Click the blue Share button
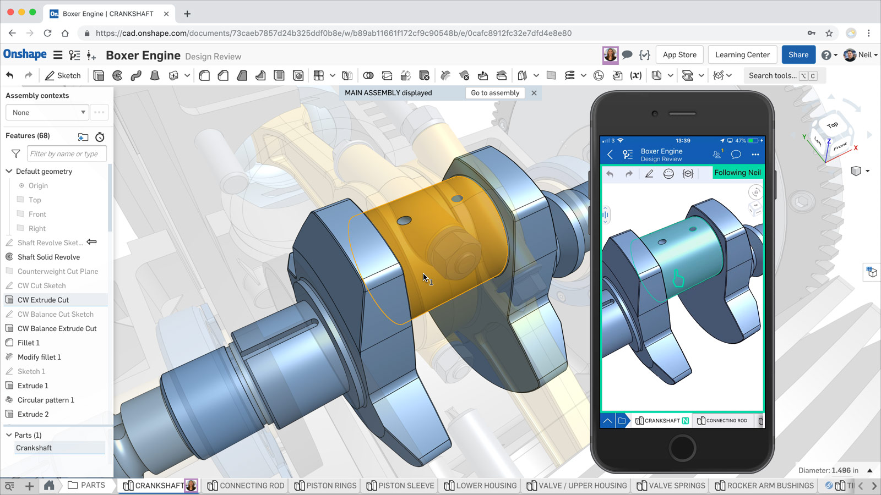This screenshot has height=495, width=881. pyautogui.click(x=798, y=54)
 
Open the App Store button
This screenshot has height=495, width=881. pyautogui.click(x=679, y=54)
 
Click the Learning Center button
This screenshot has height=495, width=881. pyautogui.click(x=742, y=54)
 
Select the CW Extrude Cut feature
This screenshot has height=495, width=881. pyautogui.click(x=43, y=300)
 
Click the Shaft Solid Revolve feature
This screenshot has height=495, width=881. pyautogui.click(x=48, y=257)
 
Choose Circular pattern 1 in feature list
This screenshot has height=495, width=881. pyautogui.click(x=46, y=400)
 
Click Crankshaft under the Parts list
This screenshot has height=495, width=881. pyautogui.click(x=34, y=448)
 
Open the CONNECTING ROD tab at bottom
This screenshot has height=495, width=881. pyautogui.click(x=246, y=485)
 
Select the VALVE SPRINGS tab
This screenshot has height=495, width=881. pyautogui.click(x=671, y=485)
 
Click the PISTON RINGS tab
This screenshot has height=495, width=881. pyautogui.click(x=325, y=485)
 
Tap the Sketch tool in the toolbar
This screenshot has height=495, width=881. pyautogui.click(x=63, y=75)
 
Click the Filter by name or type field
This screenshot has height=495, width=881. pyautogui.click(x=66, y=153)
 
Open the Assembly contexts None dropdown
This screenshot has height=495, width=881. pyautogui.click(x=47, y=112)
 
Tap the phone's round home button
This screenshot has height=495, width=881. pyautogui.click(x=682, y=447)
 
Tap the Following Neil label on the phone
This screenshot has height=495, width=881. pyautogui.click(x=737, y=172)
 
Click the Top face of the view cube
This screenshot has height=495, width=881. pyautogui.click(x=832, y=125)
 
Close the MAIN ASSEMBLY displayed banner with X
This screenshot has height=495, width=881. pyautogui.click(x=534, y=93)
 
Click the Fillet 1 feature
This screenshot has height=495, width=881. pyautogui.click(x=29, y=343)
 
